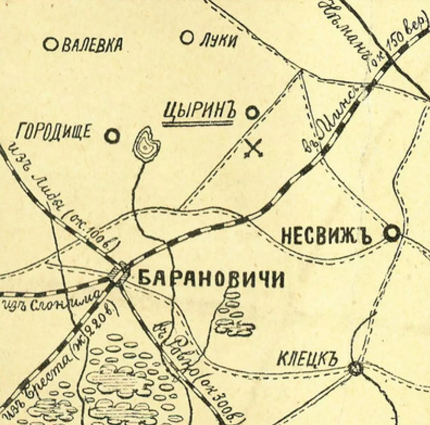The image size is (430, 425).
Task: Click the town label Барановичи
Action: pyautogui.click(x=211, y=279)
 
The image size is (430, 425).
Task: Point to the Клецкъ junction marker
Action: pyautogui.click(x=355, y=368)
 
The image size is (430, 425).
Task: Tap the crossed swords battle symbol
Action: pyautogui.click(x=254, y=149)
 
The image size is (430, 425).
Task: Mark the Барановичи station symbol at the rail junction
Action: pyautogui.click(x=121, y=272)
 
